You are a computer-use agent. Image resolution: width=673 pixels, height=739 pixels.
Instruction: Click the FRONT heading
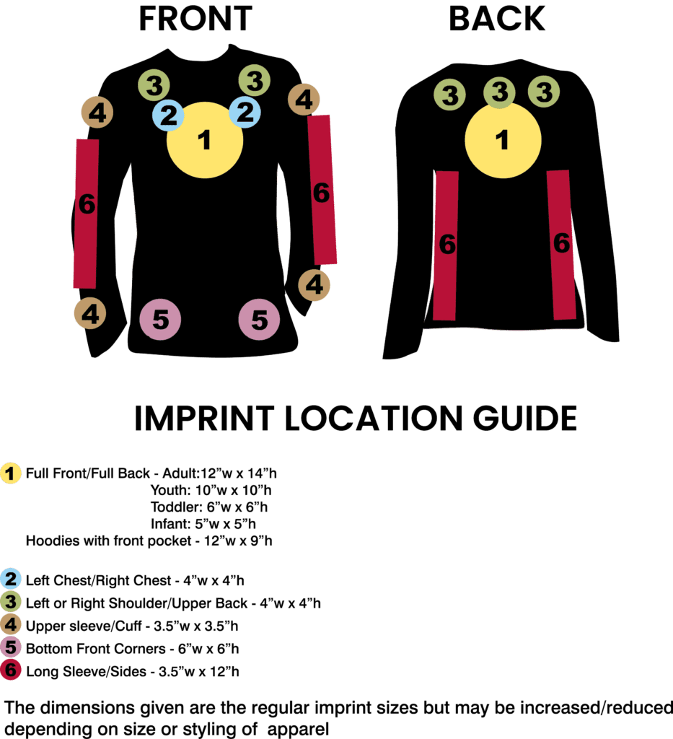tap(195, 19)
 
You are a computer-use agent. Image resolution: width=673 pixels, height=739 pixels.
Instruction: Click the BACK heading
tap(497, 19)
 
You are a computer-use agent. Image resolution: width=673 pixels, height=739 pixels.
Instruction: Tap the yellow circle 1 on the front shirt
tap(205, 140)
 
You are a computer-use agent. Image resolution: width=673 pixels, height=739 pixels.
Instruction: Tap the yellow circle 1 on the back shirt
tap(503, 141)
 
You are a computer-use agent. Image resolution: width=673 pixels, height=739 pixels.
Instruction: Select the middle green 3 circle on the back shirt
tap(499, 93)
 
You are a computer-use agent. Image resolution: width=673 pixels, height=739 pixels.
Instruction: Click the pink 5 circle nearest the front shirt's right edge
tap(260, 319)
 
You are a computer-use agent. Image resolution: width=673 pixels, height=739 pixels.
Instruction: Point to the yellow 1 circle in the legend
tap(11, 474)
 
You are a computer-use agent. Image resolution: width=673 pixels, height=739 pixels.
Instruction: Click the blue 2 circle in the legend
tap(11, 579)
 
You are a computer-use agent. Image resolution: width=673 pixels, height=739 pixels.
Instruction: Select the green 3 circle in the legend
tap(11, 602)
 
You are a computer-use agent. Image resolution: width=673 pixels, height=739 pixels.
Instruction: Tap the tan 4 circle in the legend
tap(11, 625)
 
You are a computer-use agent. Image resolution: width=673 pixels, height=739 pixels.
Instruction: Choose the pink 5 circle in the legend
tap(11, 648)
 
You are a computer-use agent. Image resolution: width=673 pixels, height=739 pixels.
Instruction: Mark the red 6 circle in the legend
tap(11, 670)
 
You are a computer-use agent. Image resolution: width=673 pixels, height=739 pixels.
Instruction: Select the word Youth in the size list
tap(167, 491)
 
